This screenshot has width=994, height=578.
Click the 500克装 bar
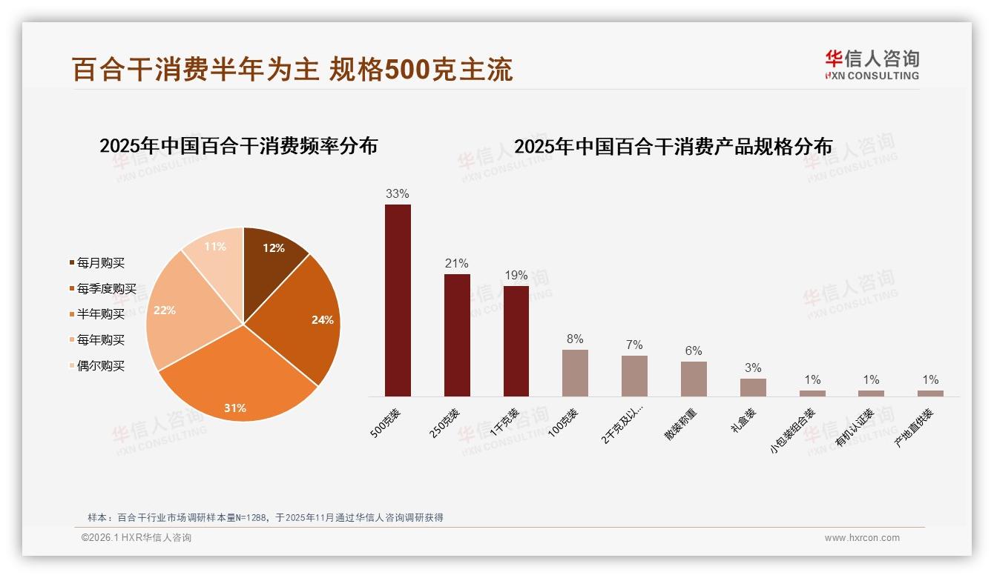click(x=398, y=300)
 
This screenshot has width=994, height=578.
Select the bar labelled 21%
click(x=457, y=335)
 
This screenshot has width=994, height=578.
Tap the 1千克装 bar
click(x=516, y=341)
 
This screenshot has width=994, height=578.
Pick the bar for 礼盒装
click(x=753, y=388)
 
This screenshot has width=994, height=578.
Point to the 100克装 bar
click(x=575, y=373)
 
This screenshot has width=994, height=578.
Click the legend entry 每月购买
click(x=101, y=263)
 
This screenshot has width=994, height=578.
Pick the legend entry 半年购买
click(x=101, y=314)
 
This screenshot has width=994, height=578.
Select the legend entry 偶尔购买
click(x=101, y=366)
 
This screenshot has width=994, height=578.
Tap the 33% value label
click(x=397, y=194)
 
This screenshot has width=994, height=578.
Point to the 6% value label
click(x=694, y=351)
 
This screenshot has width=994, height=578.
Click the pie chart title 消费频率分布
click(x=239, y=146)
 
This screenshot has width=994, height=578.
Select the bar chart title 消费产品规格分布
click(x=673, y=147)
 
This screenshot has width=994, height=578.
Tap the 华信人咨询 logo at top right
click(x=872, y=64)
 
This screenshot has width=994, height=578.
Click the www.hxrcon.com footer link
click(x=862, y=538)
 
